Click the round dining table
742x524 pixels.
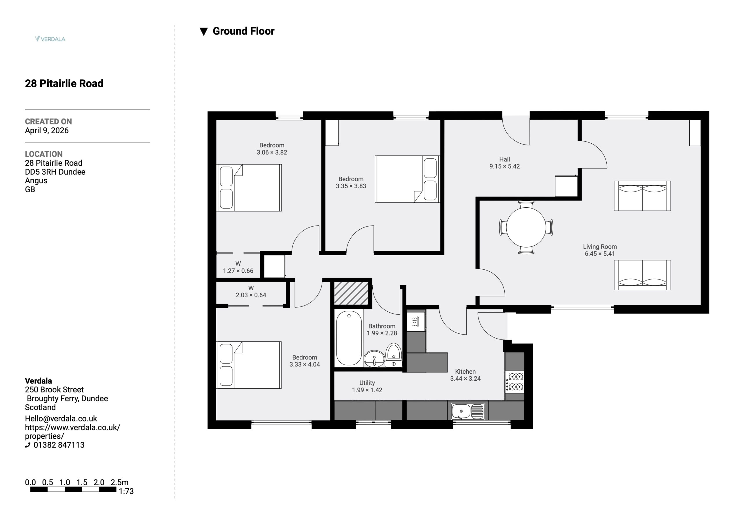click(x=526, y=227)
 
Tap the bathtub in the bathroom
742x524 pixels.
click(x=349, y=338)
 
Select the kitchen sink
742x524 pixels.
click(x=468, y=411)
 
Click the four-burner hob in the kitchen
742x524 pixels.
click(x=514, y=381)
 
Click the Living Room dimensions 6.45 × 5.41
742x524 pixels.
click(x=600, y=254)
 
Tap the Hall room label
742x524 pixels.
click(x=504, y=159)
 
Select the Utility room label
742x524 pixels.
click(x=367, y=383)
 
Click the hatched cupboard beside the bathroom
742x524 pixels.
click(x=351, y=293)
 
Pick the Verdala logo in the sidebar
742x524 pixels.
click(x=50, y=39)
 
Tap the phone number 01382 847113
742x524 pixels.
click(x=59, y=445)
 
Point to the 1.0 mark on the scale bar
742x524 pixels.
click(x=65, y=482)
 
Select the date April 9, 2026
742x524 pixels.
click(x=47, y=131)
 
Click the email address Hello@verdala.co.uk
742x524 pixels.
click(x=61, y=419)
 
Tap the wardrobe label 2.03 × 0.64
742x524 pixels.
click(x=251, y=295)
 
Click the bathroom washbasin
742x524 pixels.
click(x=374, y=359)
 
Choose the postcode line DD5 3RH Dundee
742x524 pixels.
click(x=55, y=172)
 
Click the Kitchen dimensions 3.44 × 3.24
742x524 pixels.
click(x=465, y=379)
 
